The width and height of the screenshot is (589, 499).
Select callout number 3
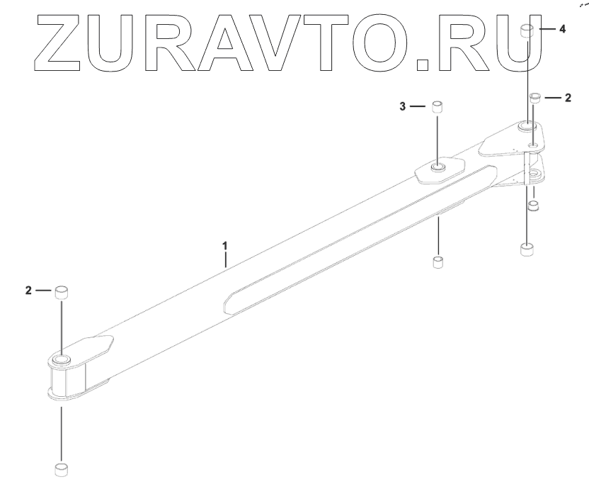[403, 106]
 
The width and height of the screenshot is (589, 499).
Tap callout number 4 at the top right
[562, 30]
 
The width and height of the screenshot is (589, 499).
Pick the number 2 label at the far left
[28, 291]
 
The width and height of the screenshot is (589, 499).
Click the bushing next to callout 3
[438, 107]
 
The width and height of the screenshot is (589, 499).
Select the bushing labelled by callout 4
[527, 30]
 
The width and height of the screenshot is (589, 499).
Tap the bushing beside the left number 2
[61, 291]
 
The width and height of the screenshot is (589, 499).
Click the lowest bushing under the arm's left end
[61, 469]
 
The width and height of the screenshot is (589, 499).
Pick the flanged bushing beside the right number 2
[536, 97]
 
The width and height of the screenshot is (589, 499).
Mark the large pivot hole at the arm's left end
[61, 361]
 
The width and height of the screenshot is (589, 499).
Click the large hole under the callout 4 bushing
[527, 126]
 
